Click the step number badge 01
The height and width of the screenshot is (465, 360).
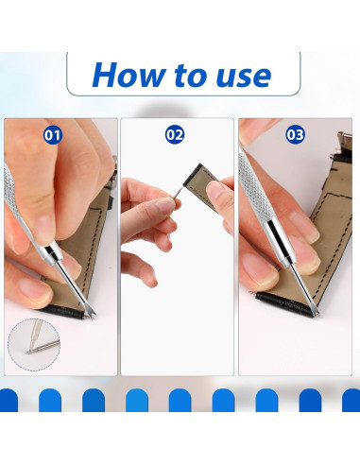[x=53, y=135]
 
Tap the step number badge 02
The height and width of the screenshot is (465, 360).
[x=175, y=135]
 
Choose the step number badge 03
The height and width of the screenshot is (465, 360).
[x=296, y=135]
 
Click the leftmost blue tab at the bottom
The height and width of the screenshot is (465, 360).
[x=8, y=400]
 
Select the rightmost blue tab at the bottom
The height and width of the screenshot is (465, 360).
[x=351, y=400]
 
